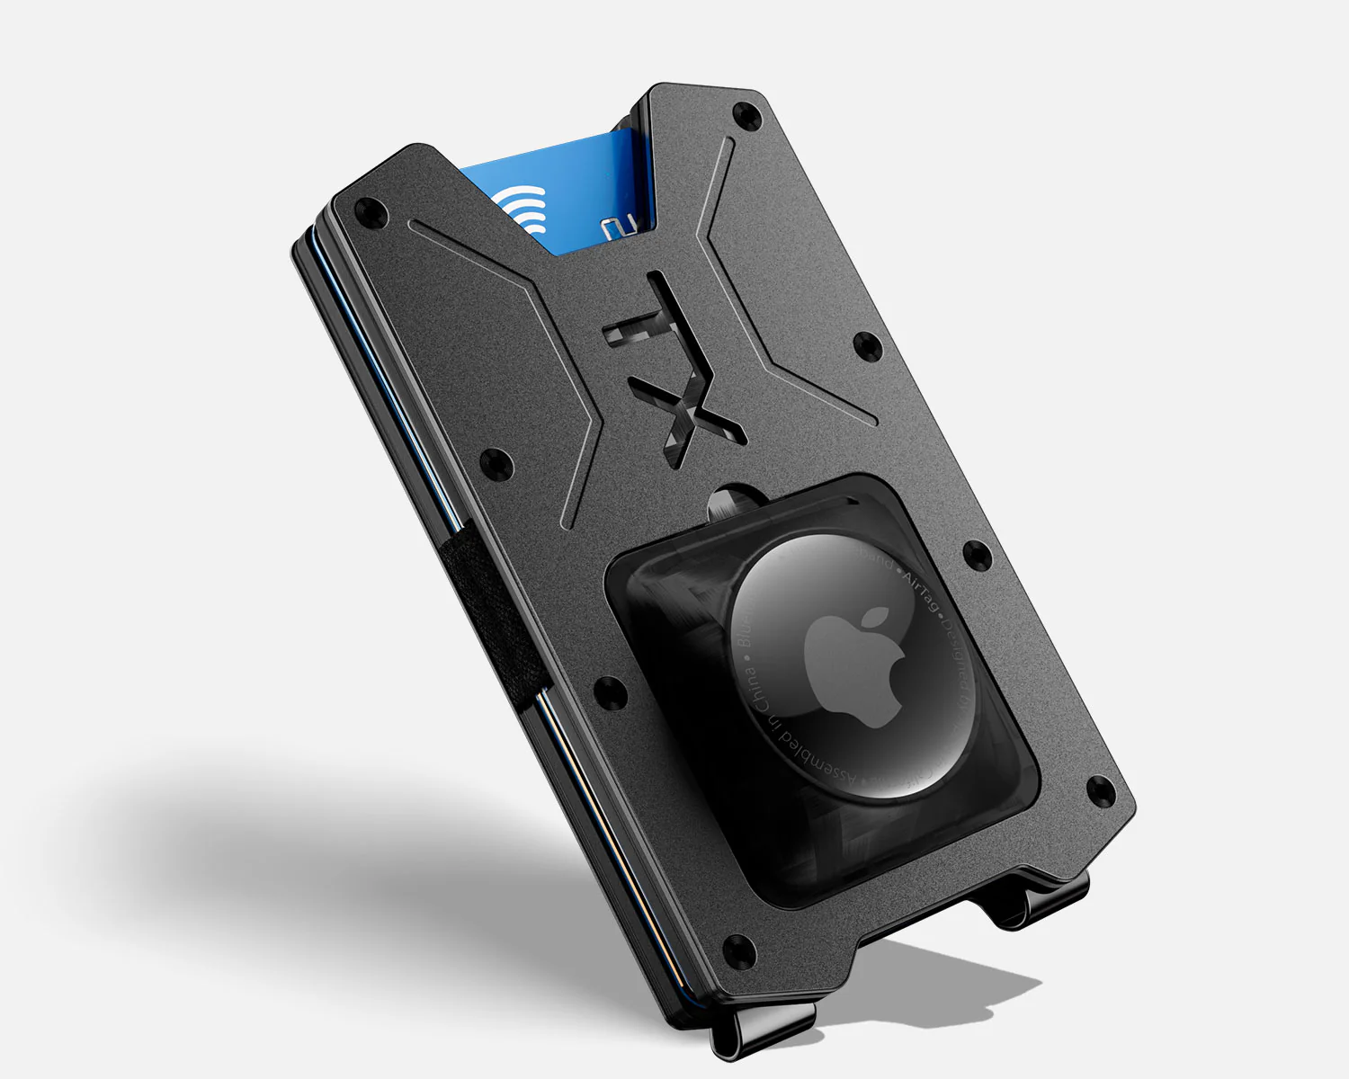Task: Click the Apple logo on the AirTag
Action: pyautogui.click(x=854, y=664)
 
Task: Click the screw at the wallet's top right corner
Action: pyautogui.click(x=745, y=115)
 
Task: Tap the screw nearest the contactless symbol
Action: pyautogui.click(x=370, y=212)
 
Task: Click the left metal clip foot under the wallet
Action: pyautogui.click(x=764, y=1030)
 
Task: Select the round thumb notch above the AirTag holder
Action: pyautogui.click(x=733, y=500)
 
